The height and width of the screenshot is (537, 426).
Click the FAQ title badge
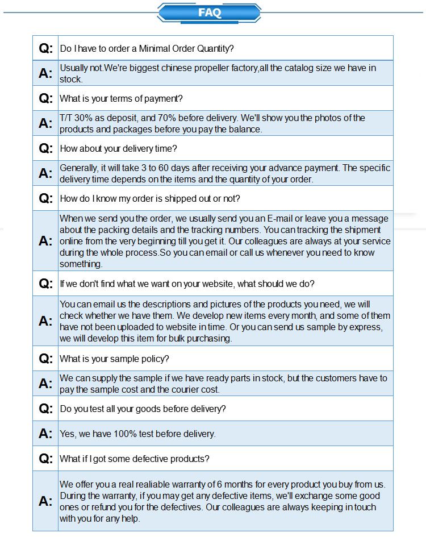click(209, 13)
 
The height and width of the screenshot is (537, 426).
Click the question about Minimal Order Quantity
click(147, 48)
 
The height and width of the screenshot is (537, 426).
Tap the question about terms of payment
click(121, 98)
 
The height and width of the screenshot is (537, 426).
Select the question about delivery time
click(118, 148)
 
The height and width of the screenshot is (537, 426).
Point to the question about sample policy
click(114, 359)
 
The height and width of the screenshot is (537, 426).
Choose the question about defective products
click(135, 459)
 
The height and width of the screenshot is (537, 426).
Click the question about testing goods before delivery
click(143, 409)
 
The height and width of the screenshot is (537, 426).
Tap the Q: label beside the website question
click(45, 283)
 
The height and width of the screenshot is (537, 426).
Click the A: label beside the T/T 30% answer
click(45, 123)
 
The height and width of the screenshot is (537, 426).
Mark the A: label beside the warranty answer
click(45, 501)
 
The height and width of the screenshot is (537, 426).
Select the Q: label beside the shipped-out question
click(45, 198)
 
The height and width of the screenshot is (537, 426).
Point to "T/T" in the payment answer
click(66, 118)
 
